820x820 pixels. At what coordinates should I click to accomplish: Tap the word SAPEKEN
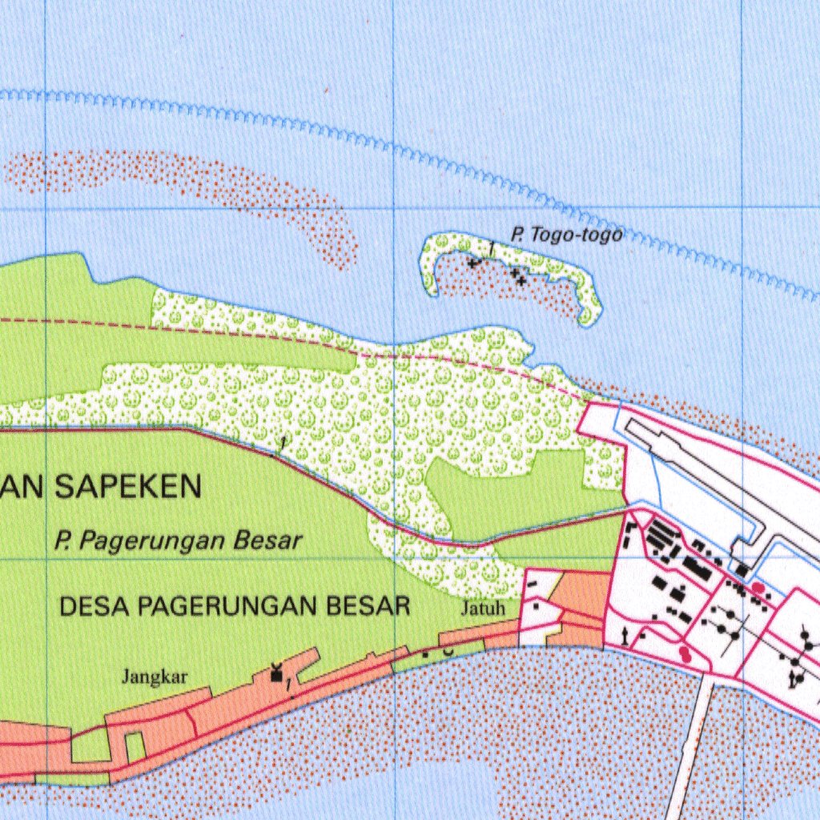(x=128, y=486)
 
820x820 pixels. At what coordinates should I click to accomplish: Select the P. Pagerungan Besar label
(x=179, y=541)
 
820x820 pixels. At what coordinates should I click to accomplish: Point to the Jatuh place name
(x=484, y=609)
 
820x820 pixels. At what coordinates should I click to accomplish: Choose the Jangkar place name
(x=155, y=677)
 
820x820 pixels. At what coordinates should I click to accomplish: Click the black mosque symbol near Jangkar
(x=277, y=674)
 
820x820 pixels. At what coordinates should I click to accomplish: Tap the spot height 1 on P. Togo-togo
(x=490, y=248)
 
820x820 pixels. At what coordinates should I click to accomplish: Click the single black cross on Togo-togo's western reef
(x=474, y=262)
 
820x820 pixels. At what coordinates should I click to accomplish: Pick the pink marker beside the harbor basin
(x=758, y=589)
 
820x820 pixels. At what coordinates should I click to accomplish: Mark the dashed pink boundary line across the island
(x=320, y=338)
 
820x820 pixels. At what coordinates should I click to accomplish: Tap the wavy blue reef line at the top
(x=400, y=148)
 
